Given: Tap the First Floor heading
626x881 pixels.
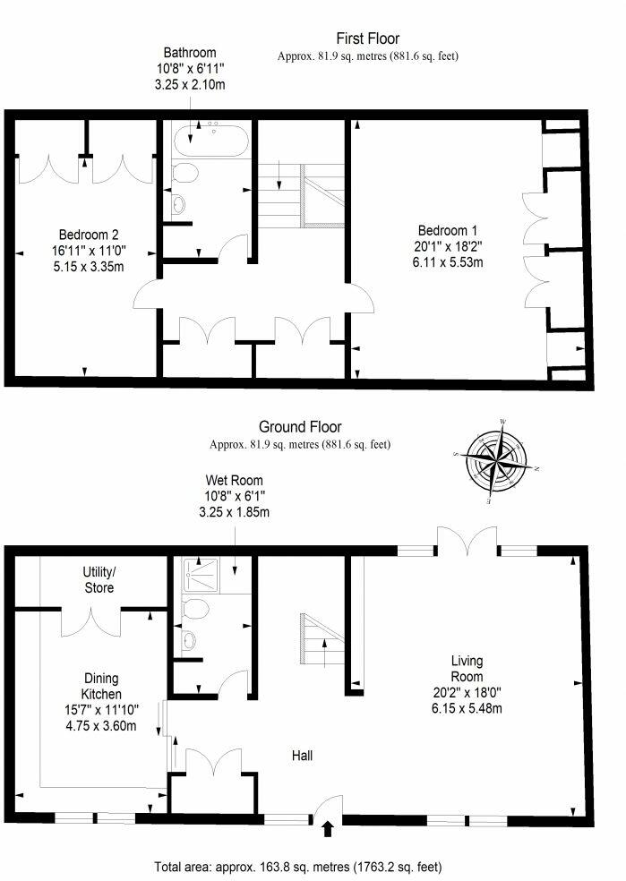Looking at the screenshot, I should coord(367,38).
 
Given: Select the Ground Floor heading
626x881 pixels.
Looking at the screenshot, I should coord(300,427).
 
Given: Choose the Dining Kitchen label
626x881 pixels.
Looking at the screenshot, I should coord(101,686).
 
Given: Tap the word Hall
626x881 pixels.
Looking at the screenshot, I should coord(302,756).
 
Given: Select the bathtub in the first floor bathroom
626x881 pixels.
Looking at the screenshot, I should coord(211,140).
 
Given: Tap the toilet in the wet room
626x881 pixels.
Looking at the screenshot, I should coord(193,611).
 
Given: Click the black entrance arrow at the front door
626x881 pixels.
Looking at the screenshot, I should coord(326,828).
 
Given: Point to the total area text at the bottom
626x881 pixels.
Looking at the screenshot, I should coord(297,867).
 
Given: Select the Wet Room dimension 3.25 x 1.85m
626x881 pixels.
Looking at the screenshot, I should coord(234,512).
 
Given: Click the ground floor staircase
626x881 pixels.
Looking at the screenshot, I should coord(323,640).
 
